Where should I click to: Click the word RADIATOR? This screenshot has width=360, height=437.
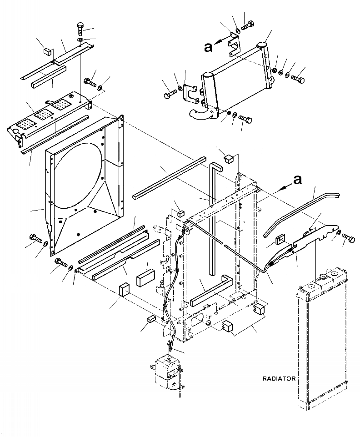click(x=279, y=378)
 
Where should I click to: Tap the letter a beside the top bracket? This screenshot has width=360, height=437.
click(x=208, y=47)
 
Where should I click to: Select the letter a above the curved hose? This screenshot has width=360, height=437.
click(x=297, y=181)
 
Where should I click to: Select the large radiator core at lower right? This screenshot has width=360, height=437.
click(x=318, y=346)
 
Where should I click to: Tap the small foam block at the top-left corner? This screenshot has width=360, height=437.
click(x=46, y=50)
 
